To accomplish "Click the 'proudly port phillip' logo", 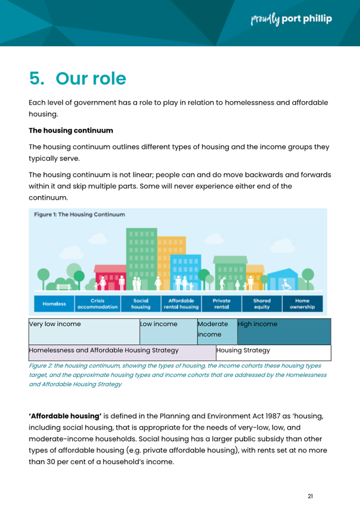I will (x=291, y=19).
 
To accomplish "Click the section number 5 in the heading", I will (x=37, y=78).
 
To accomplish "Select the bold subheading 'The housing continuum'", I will (x=71, y=130).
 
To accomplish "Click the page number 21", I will (x=310, y=496).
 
